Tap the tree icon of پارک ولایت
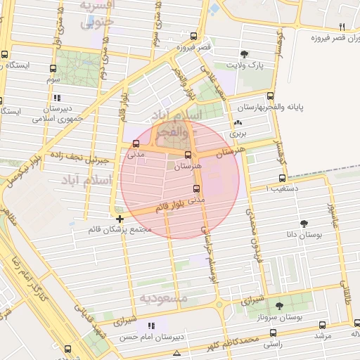click(x=244, y=54)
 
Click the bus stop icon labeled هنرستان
click(x=188, y=155)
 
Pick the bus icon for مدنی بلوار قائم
click(x=196, y=188)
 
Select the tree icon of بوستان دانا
click(x=304, y=224)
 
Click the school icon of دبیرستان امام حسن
click(x=150, y=326)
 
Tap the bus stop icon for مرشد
click(x=322, y=325)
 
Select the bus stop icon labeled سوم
click(x=53, y=69)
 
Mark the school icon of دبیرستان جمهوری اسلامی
click(x=56, y=98)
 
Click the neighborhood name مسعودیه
click(x=165, y=299)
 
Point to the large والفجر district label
click(x=181, y=131)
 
